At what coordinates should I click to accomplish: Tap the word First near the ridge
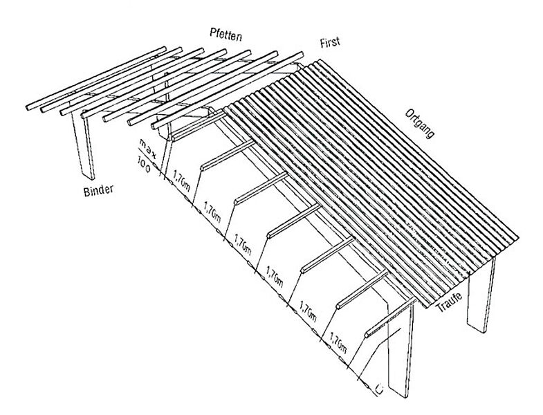(x=330, y=42)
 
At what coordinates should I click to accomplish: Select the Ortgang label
(x=419, y=124)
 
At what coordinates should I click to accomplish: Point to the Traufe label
(x=449, y=302)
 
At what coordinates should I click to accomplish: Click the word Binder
(x=99, y=190)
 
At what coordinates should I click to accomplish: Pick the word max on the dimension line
(x=147, y=147)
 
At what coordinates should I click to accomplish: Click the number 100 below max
(x=144, y=164)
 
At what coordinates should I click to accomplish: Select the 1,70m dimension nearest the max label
(x=181, y=181)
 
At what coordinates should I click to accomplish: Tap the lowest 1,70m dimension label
(x=338, y=343)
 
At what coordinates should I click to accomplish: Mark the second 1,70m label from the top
(x=212, y=212)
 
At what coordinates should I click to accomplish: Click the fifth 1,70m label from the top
(x=308, y=311)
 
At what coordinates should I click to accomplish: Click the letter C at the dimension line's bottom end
(x=380, y=389)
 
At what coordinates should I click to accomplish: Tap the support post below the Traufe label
(x=481, y=295)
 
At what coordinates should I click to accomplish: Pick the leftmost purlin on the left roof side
(x=96, y=78)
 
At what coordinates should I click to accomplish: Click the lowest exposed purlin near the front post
(x=390, y=318)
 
